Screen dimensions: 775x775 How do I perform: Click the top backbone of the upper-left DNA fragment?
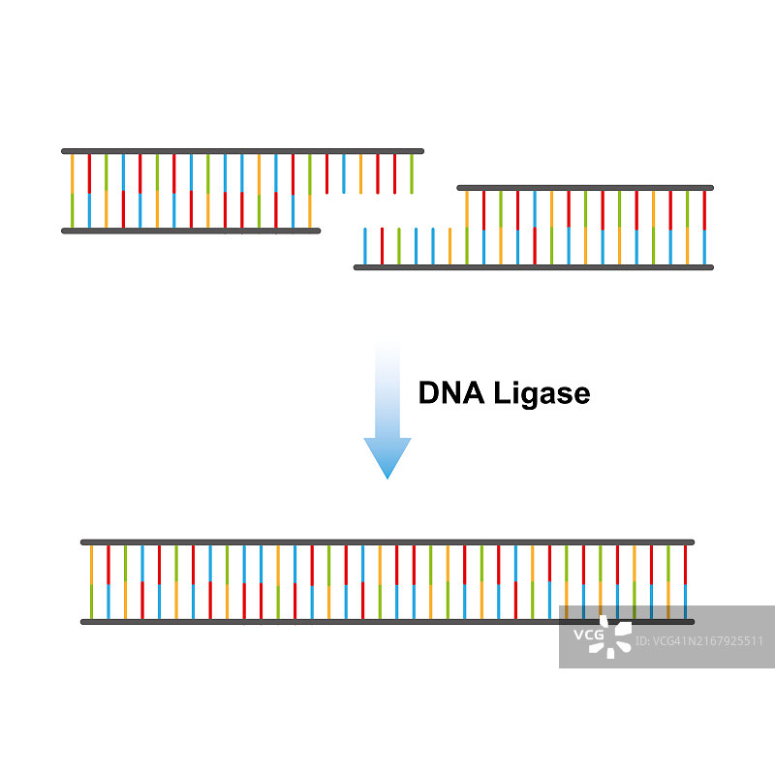click(x=242, y=151)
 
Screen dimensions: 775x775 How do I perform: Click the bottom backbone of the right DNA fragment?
click(x=533, y=267)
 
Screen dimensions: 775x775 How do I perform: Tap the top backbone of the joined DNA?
click(x=387, y=542)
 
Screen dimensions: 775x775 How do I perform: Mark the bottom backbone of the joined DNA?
click(x=320, y=622)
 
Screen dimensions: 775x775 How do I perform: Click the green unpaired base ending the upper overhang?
click(x=412, y=173)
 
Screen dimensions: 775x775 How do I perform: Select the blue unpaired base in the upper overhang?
click(x=344, y=173)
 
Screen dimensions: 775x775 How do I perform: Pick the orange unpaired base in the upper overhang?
click(x=360, y=173)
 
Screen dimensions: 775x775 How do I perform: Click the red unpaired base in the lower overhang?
click(x=382, y=246)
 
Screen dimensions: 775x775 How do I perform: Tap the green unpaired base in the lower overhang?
click(x=398, y=246)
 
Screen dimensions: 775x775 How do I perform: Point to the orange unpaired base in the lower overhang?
click(x=449, y=246)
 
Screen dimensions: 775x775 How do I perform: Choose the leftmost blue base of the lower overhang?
click(x=364, y=246)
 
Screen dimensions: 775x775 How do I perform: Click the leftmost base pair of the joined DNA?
click(x=91, y=581)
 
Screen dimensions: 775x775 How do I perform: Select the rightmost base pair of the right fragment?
click(x=704, y=228)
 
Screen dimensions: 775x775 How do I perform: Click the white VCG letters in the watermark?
click(x=588, y=635)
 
